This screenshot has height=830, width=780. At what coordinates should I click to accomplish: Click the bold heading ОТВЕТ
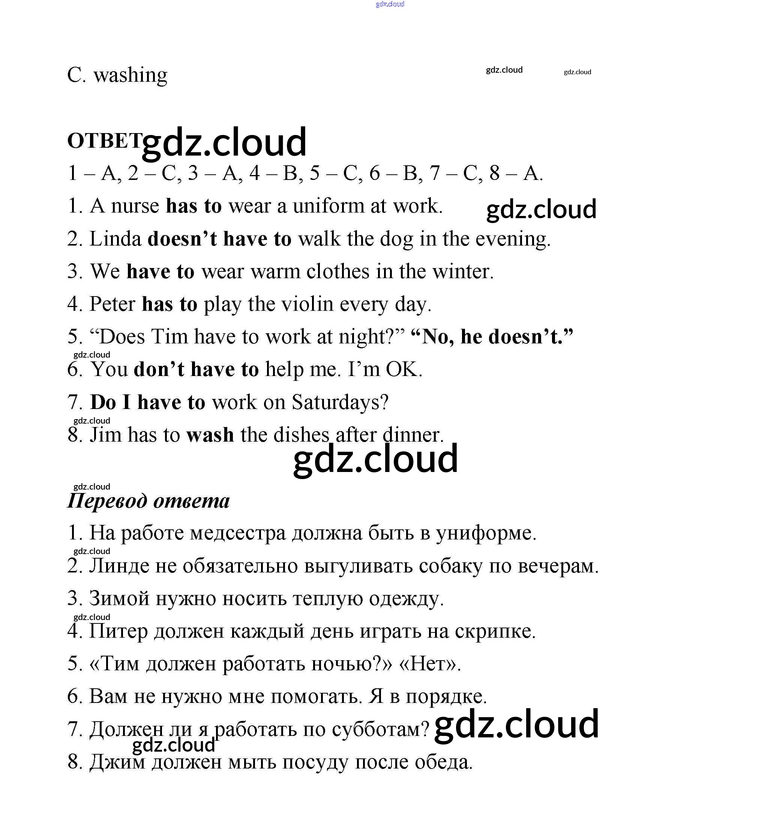tap(105, 141)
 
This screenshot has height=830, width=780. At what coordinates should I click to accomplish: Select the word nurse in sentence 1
tap(135, 206)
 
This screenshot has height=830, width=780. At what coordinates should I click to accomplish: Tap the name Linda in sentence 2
tap(115, 239)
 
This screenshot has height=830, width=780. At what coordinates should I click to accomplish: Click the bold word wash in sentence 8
tap(210, 435)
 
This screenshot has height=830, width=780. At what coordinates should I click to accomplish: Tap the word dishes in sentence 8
tap(301, 435)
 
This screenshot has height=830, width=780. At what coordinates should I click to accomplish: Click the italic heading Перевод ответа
tap(148, 500)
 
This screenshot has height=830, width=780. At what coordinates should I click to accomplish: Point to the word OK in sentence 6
tap(403, 370)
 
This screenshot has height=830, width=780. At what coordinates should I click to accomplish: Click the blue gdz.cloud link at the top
tap(390, 4)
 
